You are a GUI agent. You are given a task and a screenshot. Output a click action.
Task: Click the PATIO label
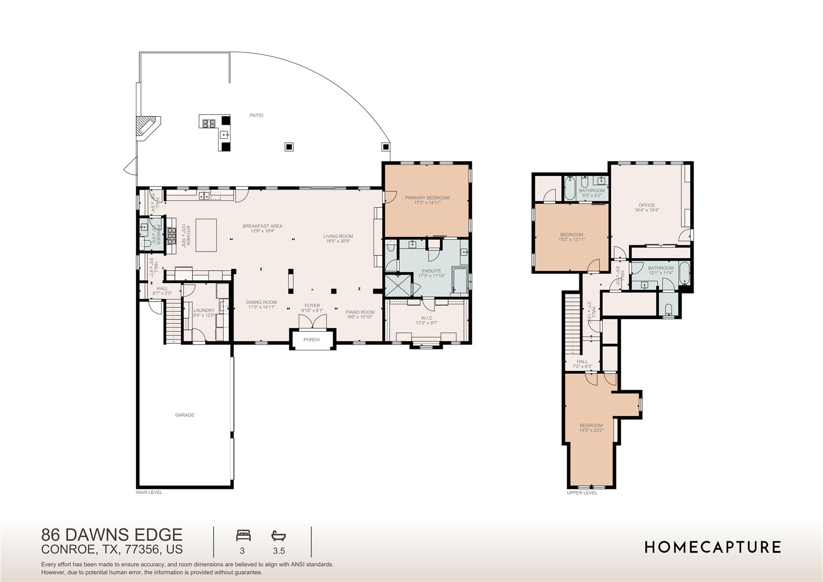[256, 115]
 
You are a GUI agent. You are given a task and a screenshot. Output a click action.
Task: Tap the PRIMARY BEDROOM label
[427, 198]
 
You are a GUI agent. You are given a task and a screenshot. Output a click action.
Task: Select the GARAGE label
[184, 415]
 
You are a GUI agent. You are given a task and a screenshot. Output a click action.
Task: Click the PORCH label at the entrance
[311, 340]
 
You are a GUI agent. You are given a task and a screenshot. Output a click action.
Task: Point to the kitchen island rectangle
[206, 235]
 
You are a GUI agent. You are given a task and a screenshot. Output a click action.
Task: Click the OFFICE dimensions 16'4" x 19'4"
[647, 210]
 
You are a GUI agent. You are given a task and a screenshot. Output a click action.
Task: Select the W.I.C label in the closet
[427, 318]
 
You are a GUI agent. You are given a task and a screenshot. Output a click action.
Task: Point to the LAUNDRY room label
[204, 311]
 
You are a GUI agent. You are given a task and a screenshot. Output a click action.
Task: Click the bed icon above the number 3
[243, 535]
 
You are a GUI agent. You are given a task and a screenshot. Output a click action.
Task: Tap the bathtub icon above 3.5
[278, 535]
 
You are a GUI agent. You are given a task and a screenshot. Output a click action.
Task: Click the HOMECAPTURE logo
[712, 547]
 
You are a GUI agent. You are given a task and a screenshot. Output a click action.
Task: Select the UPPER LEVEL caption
[581, 493]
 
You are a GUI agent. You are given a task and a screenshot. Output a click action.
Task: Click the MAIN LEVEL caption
[149, 492]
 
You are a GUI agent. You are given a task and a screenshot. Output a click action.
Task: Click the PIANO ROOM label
[360, 312]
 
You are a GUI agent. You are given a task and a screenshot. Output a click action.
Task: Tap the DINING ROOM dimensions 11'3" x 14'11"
[261, 307]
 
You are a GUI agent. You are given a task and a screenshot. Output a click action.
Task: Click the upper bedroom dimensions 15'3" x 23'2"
[591, 430]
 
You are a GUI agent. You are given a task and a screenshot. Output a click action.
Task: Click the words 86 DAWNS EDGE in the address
[112, 535]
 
